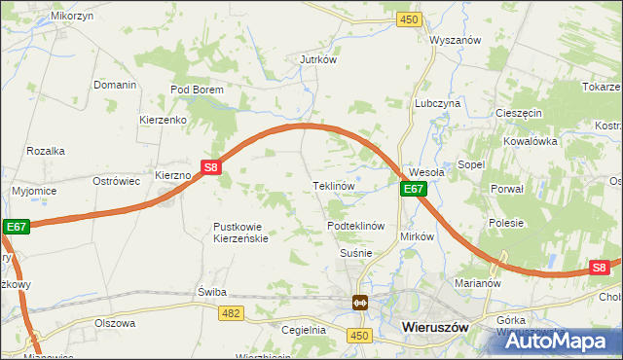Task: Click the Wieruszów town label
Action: [x=435, y=329]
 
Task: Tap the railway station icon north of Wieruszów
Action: [x=360, y=303]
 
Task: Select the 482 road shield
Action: [x=232, y=311]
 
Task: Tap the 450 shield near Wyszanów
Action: [x=410, y=19]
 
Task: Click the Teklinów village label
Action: [x=332, y=185]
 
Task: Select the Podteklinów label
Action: [x=357, y=226]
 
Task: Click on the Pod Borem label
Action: [x=198, y=90]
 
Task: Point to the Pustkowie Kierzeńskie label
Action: [x=239, y=233]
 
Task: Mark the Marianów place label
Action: [x=477, y=284]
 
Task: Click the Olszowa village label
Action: [x=115, y=323]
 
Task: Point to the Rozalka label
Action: [x=46, y=151]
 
